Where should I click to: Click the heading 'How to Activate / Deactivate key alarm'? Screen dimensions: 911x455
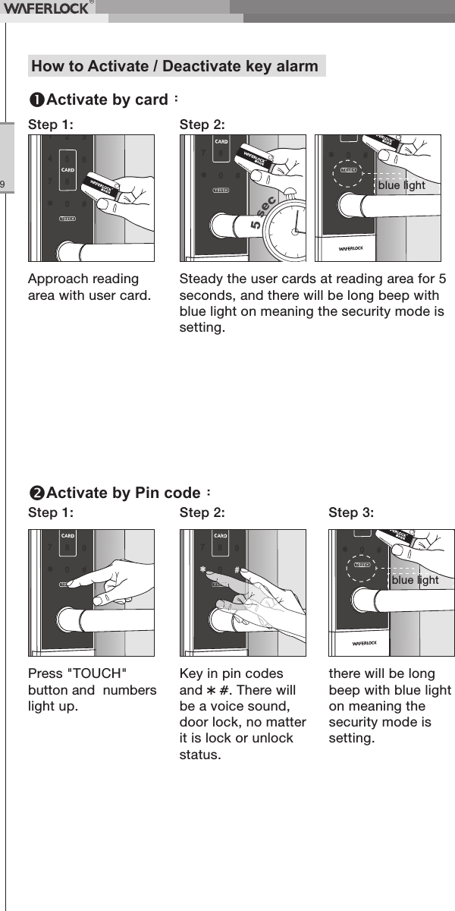[175, 66]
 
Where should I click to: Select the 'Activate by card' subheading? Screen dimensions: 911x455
[105, 100]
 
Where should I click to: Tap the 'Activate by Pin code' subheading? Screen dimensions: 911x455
[121, 493]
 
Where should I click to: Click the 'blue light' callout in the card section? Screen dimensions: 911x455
[402, 185]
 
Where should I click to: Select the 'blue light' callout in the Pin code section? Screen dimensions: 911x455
[415, 580]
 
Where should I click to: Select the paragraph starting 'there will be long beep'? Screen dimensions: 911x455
[389, 706]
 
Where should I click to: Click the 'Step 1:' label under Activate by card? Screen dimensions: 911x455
[51, 123]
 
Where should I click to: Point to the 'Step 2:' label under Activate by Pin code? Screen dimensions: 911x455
[202, 512]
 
